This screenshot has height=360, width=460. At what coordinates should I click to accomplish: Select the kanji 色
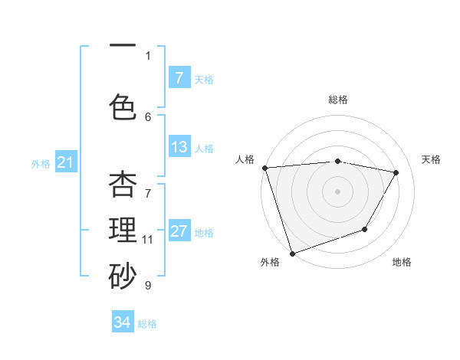tap(123, 107)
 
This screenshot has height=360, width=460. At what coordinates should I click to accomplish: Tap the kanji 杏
tap(123, 185)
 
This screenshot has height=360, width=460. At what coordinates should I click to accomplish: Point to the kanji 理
tap(123, 231)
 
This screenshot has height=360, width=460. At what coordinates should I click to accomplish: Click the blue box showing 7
tap(179, 77)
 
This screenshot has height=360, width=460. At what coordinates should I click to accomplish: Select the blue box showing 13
tap(179, 147)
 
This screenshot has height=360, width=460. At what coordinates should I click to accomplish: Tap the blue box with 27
tap(179, 231)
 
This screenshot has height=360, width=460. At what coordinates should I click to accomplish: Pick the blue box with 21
tap(65, 162)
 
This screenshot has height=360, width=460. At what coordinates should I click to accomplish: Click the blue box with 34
tap(123, 322)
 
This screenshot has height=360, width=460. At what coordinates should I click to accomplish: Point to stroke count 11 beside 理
tap(148, 240)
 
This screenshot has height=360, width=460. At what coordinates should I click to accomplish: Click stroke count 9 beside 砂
tap(148, 286)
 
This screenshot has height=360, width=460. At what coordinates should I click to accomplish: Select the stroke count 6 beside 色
tap(148, 116)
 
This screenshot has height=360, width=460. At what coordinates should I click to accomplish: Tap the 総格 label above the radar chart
tap(338, 100)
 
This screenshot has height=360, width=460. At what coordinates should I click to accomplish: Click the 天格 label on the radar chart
tap(431, 159)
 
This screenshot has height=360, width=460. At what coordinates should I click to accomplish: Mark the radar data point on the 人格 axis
tap(264, 168)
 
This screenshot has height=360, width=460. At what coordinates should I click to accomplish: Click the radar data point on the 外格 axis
tap(292, 253)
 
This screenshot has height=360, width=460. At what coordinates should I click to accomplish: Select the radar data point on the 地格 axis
tap(366, 229)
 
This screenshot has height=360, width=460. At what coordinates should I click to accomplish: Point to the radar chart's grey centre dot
tap(338, 191)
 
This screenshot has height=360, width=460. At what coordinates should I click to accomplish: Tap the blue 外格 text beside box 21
tap(41, 163)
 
